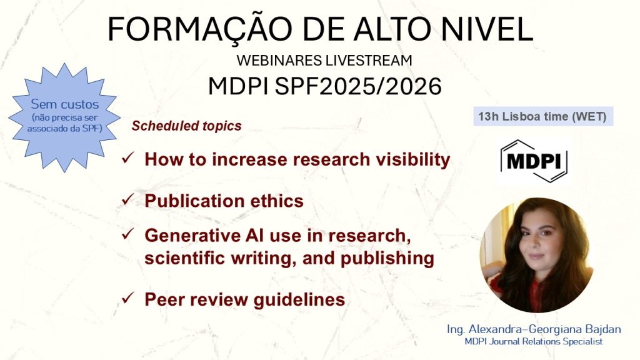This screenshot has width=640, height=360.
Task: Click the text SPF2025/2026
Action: coord(358,86)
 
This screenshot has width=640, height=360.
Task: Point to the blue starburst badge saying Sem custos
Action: coord(64,117)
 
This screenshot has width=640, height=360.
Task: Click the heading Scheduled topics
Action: coord(186,126)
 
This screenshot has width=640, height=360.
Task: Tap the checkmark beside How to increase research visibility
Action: coord(127,157)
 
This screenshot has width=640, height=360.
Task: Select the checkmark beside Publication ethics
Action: coord(127,199)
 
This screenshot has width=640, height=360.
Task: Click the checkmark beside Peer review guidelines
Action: coord(127,298)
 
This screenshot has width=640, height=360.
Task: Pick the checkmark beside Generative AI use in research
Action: coord(127,234)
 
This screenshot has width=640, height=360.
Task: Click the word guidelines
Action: coord(299,300)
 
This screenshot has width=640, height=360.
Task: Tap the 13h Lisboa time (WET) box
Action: coord(543,116)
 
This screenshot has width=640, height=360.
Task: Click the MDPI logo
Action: coord(534,161)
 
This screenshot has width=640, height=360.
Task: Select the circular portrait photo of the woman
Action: coord(537,255)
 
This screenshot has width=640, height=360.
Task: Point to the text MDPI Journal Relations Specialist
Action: coord(534,342)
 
